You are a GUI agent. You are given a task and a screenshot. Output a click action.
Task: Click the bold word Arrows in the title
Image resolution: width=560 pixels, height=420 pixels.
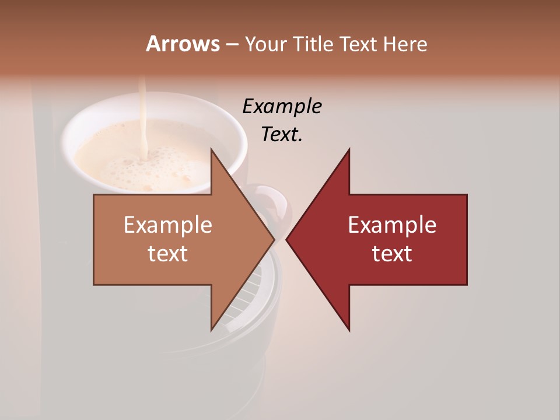pyautogui.click(x=183, y=44)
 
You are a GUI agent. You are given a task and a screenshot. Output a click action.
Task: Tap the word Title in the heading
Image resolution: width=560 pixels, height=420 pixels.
pyautogui.click(x=314, y=44)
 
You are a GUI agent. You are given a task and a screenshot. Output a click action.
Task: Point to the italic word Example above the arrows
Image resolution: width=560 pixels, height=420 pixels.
pyautogui.click(x=282, y=106)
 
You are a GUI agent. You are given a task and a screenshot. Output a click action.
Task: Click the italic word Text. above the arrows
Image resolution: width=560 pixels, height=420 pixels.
pyautogui.click(x=282, y=134)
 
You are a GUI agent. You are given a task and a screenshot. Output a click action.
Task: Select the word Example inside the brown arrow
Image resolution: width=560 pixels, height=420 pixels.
pyautogui.click(x=168, y=225)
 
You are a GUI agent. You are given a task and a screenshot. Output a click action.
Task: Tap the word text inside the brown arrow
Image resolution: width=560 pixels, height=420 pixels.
pyautogui.click(x=168, y=253)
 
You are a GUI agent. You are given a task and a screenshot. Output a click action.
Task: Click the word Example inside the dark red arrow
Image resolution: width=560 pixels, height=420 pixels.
pyautogui.click(x=392, y=225)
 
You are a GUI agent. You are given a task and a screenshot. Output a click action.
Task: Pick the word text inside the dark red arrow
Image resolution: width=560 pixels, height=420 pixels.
pyautogui.click(x=392, y=253)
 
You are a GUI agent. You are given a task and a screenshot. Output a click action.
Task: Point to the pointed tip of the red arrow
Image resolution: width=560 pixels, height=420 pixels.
pyautogui.click(x=288, y=239)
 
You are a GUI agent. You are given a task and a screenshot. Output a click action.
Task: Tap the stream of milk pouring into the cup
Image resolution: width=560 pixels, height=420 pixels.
pyautogui.click(x=142, y=117)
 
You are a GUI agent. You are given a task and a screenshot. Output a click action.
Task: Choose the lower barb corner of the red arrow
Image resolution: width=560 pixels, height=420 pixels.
pyautogui.click(x=349, y=330)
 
